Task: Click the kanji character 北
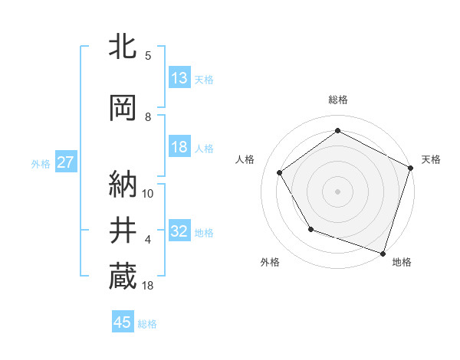pos(123,48)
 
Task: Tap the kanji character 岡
pos(123,109)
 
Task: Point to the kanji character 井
pos(123,228)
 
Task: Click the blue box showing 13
pos(179,77)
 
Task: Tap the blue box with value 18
pos(179,147)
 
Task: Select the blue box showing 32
pos(179,231)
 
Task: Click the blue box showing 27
pos(65,162)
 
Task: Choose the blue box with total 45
pos(123,322)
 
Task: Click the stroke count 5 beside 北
pos(147,56)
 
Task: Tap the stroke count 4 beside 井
pos(147,240)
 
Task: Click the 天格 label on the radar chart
pos(431,159)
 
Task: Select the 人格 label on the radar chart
pos(245,159)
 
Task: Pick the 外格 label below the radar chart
pos(270,262)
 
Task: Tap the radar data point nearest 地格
pos(383,253)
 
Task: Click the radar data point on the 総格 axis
pos(337,131)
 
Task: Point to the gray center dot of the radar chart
pos(337,191)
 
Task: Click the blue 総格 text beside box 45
pos(147,324)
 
